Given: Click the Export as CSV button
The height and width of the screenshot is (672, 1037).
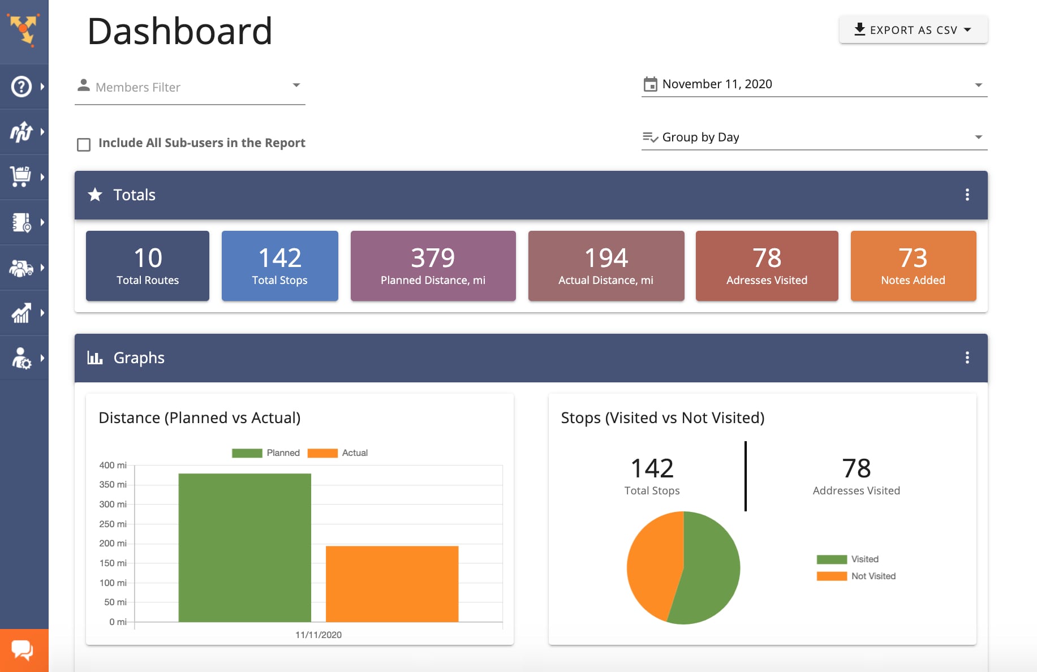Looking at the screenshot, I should (913, 30).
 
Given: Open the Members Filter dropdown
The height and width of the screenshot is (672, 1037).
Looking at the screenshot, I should (190, 87).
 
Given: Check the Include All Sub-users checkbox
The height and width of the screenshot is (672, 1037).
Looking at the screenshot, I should (84, 145).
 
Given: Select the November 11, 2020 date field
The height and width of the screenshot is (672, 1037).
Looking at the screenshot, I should (814, 84).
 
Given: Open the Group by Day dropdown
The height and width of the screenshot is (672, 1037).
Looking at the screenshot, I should (814, 137).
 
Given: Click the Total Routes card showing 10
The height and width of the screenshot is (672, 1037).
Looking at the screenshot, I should (148, 266).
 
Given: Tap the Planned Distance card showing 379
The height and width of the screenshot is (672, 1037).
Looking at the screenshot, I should (433, 266).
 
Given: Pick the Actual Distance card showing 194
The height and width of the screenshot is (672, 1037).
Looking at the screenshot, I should (606, 266).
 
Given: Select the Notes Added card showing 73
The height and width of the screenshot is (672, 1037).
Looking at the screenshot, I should (913, 266).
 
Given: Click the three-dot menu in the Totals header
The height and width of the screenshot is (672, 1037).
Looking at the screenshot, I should (967, 195).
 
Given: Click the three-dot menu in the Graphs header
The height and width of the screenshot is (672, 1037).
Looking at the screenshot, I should (967, 358).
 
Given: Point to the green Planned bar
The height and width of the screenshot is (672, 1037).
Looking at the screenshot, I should (244, 548).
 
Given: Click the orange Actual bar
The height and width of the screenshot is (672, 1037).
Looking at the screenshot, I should (392, 584).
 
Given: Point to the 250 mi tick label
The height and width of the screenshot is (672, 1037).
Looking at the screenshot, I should (113, 524).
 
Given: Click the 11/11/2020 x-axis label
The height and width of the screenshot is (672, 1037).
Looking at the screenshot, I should (319, 635).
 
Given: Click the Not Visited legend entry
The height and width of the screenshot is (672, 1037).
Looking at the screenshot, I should (856, 576).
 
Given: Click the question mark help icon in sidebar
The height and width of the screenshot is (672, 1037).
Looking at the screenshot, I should (21, 87).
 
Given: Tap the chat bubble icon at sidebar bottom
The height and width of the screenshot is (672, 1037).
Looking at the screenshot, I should (23, 650).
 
